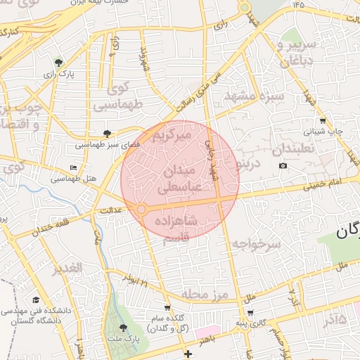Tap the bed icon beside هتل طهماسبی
tap(74, 168)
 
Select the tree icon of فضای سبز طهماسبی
tap(107, 134)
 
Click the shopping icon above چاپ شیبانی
tap(322, 121)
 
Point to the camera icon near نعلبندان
tap(283, 166)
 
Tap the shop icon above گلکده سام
tap(167, 308)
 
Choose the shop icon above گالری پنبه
tap(250, 313)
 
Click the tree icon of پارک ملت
tap(124, 328)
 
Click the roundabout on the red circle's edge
tap(141, 210)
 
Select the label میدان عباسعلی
tap(182, 179)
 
